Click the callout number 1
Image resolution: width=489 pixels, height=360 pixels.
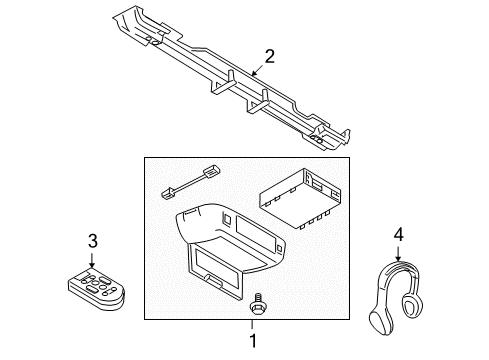(253, 341)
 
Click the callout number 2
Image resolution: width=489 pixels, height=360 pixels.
(270, 56)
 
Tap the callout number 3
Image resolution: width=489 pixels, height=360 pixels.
(93, 241)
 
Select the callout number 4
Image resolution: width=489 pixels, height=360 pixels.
(399, 234)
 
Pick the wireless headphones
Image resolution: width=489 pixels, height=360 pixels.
(396, 297)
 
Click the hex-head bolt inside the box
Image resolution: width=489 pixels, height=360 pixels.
(258, 303)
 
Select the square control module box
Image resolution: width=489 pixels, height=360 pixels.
(300, 198)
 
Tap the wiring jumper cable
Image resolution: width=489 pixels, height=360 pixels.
(191, 182)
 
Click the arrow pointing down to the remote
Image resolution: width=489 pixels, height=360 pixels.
(92, 259)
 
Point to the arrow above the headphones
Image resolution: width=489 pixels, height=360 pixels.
(398, 253)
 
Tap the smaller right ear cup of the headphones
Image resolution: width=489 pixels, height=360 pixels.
(413, 303)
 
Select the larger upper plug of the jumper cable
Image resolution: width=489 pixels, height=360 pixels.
(212, 170)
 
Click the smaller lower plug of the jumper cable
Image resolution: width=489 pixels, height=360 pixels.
(167, 194)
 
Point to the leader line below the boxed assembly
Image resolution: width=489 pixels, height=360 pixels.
(252, 326)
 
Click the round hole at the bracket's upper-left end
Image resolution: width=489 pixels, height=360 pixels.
(154, 42)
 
